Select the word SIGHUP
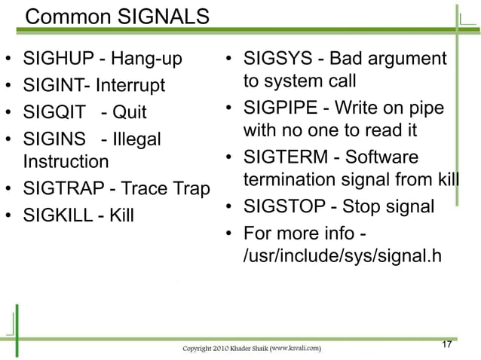(x=56, y=59)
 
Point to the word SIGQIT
(x=53, y=112)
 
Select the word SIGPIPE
(x=279, y=108)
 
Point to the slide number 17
(x=446, y=344)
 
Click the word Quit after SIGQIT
(x=129, y=112)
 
